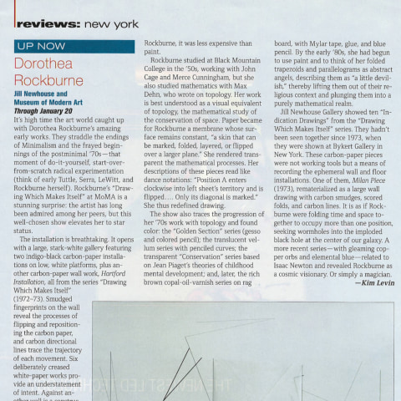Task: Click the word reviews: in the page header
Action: (44, 24)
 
